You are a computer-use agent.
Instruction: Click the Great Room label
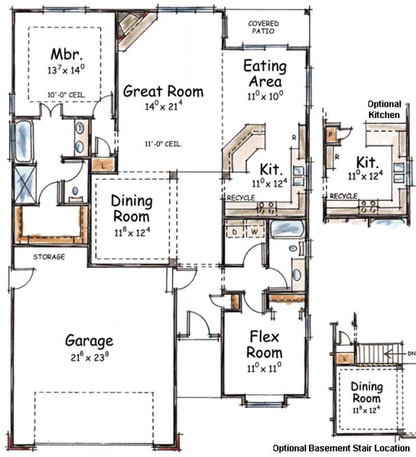click(163, 92)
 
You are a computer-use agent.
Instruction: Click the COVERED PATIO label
click(263, 27)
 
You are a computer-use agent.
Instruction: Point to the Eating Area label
click(265, 74)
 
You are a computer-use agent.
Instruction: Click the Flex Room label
click(265, 344)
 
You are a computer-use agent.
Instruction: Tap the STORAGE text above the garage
click(49, 257)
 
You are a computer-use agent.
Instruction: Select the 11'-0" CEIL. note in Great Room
click(163, 144)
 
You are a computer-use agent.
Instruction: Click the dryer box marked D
click(234, 230)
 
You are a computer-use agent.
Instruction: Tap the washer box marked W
click(254, 230)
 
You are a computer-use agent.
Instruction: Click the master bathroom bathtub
click(24, 141)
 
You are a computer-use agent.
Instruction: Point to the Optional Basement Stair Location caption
click(341, 448)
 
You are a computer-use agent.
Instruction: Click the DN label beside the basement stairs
click(410, 353)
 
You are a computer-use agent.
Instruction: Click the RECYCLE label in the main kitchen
click(240, 198)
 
